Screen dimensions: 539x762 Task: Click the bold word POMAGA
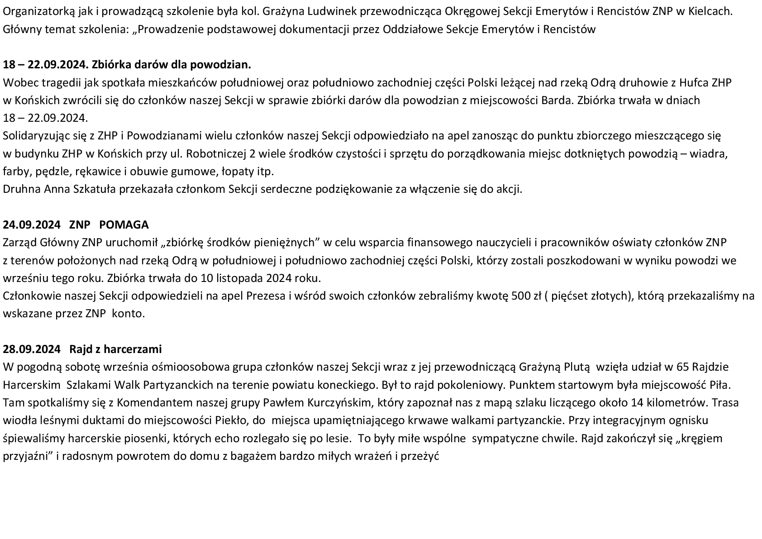tap(124, 225)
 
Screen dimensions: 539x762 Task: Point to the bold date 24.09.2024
tap(32, 225)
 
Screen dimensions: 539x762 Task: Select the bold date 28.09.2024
tap(32, 349)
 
